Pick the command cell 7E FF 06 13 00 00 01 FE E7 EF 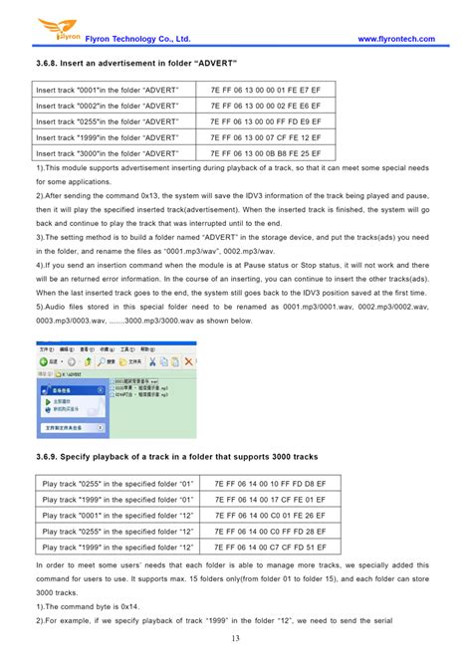click(265, 90)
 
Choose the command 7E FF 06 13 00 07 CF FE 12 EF click(265, 137)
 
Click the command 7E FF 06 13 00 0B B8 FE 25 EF click(265, 153)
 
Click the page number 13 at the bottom click(236, 638)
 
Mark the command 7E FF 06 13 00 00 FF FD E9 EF click(265, 121)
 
